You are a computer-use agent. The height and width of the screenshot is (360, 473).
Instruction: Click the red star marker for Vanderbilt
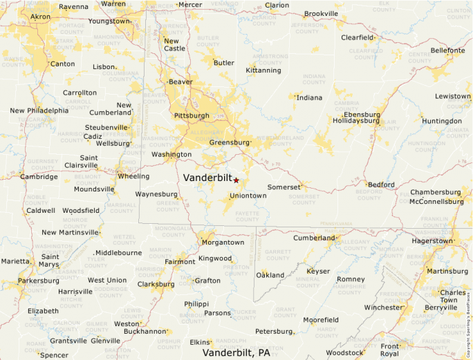click(x=236, y=180)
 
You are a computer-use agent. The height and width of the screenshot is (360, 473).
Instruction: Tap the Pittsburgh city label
click(x=192, y=115)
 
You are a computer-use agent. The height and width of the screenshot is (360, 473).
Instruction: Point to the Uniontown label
click(x=248, y=196)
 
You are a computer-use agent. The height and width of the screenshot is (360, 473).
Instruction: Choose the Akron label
click(x=41, y=16)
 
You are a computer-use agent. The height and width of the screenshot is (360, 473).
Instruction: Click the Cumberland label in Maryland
click(x=313, y=238)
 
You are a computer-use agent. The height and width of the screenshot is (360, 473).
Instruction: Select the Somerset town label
click(x=284, y=187)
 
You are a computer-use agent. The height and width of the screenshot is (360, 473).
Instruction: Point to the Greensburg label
click(x=229, y=143)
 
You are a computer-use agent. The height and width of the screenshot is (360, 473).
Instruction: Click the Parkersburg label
click(x=39, y=281)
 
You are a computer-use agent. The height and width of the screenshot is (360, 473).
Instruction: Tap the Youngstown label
click(x=109, y=21)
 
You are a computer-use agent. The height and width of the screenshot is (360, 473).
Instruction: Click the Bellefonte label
click(x=447, y=50)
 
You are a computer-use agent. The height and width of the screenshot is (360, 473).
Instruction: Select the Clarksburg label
click(x=156, y=284)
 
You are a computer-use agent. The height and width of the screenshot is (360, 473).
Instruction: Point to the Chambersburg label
click(x=436, y=192)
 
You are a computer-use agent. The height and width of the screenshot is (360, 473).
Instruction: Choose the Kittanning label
click(x=263, y=70)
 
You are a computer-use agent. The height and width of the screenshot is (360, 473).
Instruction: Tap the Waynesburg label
click(x=156, y=194)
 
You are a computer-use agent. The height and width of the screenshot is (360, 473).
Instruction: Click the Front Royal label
click(x=390, y=350)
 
